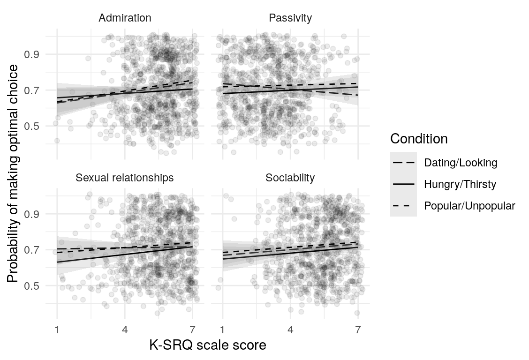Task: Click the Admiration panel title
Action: (125, 18)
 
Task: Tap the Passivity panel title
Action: (290, 18)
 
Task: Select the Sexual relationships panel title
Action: (125, 178)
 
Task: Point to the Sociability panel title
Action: (290, 178)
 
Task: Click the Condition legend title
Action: (419, 139)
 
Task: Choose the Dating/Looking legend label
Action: (460, 163)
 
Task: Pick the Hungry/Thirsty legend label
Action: (460, 184)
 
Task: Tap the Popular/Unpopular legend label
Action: (469, 206)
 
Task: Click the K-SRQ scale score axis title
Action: (208, 345)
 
